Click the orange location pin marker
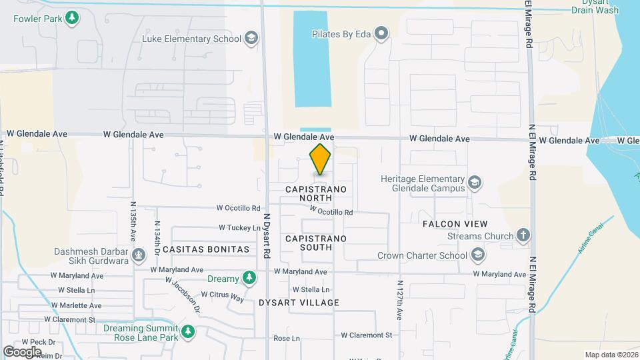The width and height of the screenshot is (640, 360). [x=320, y=159]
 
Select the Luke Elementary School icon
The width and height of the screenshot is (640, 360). [x=251, y=38]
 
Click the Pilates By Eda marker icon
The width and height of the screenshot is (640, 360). [x=381, y=33]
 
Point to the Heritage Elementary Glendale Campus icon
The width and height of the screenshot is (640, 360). [x=474, y=183]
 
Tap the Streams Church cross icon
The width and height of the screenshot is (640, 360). [x=523, y=235]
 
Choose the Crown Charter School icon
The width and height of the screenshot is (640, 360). [x=478, y=255]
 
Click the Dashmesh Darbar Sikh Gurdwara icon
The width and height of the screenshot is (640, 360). [x=139, y=255]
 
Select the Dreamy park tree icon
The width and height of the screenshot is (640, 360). [x=249, y=277]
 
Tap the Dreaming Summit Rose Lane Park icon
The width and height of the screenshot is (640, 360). [x=189, y=332]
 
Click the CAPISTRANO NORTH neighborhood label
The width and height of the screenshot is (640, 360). [x=316, y=194]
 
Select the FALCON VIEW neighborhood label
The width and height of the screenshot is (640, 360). [x=455, y=224]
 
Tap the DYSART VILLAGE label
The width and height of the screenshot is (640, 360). [x=299, y=303]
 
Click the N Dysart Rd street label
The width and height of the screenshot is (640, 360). [x=266, y=236]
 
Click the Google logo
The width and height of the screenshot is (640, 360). [x=22, y=351]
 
